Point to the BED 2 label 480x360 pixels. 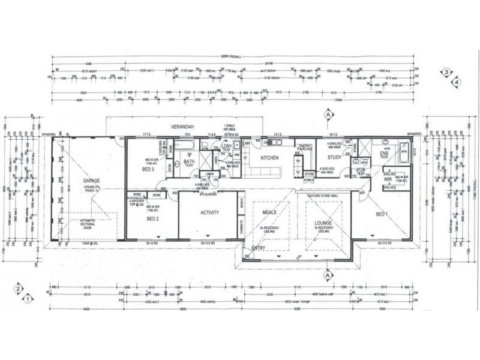pos(152,219)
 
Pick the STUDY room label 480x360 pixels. pos(334,158)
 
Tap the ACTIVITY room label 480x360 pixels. pos(209,212)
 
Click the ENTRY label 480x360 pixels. pos(259,247)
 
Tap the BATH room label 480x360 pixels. pos(189,161)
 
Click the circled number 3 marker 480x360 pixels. pos(446,73)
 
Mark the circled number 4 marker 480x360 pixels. pos(457,80)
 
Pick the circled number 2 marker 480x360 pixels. pos(19,289)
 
